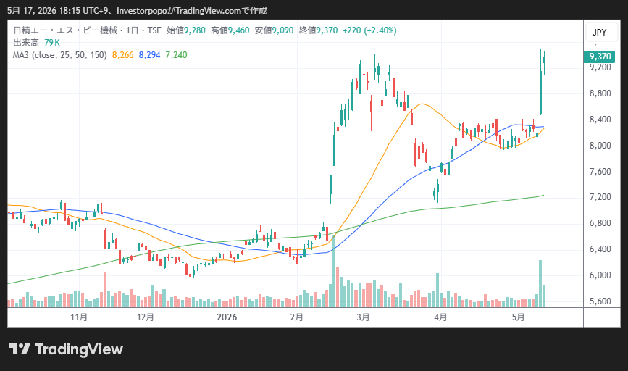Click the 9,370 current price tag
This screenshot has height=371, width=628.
pos(599,57)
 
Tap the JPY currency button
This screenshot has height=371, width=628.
pos(600,32)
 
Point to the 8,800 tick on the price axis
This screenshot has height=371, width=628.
pos(600,93)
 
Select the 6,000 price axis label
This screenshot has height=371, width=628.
pos(600,275)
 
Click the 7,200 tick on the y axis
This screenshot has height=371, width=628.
pos(600,197)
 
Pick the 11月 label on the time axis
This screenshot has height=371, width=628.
pos(79,317)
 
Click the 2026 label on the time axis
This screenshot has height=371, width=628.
pos(227,317)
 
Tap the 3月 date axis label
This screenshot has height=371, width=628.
pos(363,317)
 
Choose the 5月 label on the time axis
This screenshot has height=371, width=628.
pos(518,317)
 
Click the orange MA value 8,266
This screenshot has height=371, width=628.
pos(122,55)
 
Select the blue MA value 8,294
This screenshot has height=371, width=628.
pos(149,55)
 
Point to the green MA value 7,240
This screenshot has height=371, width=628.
pos(176,55)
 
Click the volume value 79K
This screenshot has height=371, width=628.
pos(52,43)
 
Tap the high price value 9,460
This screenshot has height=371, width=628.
pos(239,30)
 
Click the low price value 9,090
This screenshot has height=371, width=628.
pos(282,30)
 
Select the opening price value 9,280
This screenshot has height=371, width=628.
pos(195,30)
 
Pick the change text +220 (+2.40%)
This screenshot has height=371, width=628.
pos(369,30)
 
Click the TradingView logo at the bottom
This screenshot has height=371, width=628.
pos(66,349)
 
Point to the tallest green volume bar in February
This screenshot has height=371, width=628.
pos(334,271)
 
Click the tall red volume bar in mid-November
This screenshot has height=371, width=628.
pos(105,290)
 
